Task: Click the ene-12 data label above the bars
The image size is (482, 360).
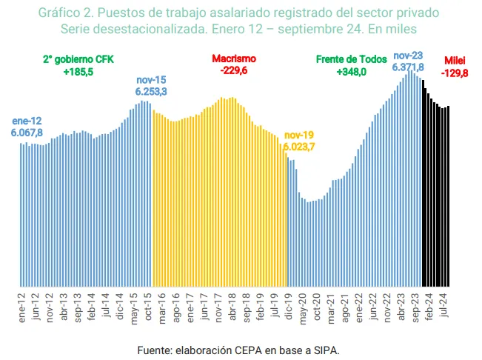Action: pos(27,121)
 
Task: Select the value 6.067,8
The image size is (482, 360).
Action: pos(27,132)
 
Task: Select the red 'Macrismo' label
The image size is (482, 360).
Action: pos(234,59)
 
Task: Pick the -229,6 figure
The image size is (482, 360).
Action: pos(234,71)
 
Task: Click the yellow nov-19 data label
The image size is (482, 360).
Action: pos(299,136)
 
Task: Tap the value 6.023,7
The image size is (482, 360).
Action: pos(299,147)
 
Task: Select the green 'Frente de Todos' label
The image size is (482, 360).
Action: pos(351,59)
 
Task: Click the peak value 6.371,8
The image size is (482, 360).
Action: pos(409,67)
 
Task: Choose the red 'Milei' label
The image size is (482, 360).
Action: pos(455,60)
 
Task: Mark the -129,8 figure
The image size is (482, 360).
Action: pos(455,73)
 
